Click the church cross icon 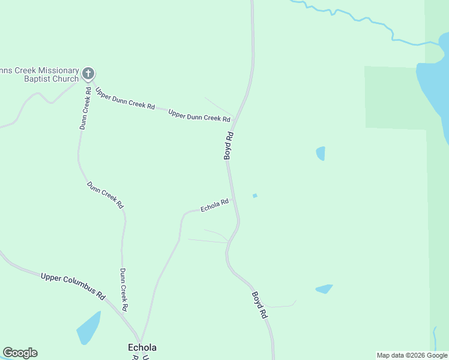88,73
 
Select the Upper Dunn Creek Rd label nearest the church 125,98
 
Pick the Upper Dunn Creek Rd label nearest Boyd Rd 199,115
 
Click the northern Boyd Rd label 228,146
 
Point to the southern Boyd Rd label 259,304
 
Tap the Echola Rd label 214,205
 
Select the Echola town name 142,347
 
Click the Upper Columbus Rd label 73,286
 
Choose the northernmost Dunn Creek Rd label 86,112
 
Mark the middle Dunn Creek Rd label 106,195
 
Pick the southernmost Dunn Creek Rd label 123,289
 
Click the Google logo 20,353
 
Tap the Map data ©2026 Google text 412,355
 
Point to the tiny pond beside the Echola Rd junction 255,196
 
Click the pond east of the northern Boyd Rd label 321,154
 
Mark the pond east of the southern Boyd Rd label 324,289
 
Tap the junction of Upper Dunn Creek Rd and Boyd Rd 234,117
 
